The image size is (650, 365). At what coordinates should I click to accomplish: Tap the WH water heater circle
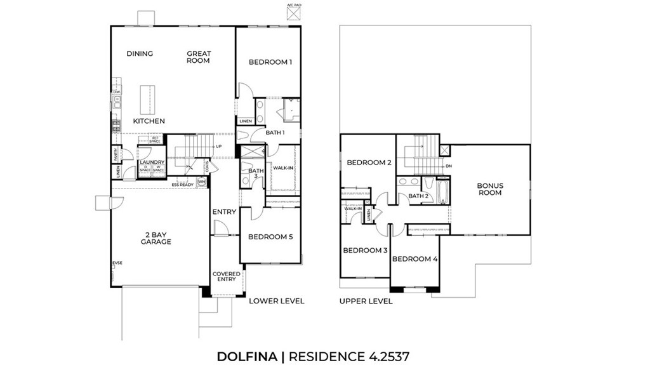coord(202,182)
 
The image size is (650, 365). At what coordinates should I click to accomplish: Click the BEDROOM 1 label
coord(270,62)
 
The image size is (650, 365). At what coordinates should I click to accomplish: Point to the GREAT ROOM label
coord(198,57)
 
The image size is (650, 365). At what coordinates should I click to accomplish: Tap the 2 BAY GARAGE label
coord(156,238)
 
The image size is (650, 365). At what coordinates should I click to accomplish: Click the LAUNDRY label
coord(152,163)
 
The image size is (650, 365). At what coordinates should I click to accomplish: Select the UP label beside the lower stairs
coord(218,147)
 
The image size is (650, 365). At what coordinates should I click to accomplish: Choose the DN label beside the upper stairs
coord(449,166)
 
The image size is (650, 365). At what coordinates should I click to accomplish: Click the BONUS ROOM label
coord(489,189)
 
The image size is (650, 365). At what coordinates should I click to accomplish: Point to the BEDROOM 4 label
coord(415,259)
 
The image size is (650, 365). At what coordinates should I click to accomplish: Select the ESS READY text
coord(182,185)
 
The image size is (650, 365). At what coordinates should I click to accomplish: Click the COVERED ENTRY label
coord(226,277)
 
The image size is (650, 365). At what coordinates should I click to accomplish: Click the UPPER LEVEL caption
coord(366,301)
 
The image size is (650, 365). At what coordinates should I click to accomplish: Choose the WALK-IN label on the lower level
coord(282,168)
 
